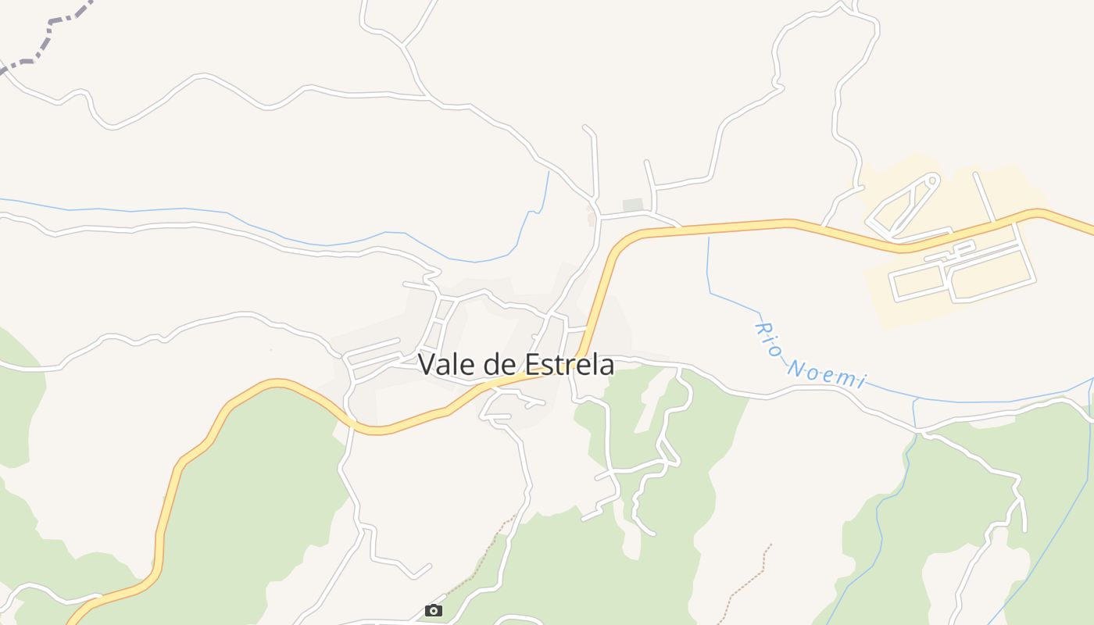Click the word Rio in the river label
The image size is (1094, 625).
[x=769, y=337]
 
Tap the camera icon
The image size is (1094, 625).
[x=434, y=610]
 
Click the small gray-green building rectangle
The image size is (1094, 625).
[x=633, y=205]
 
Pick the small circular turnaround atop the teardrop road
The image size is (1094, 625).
[x=931, y=180]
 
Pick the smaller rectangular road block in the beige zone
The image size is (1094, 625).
[x=918, y=284]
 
